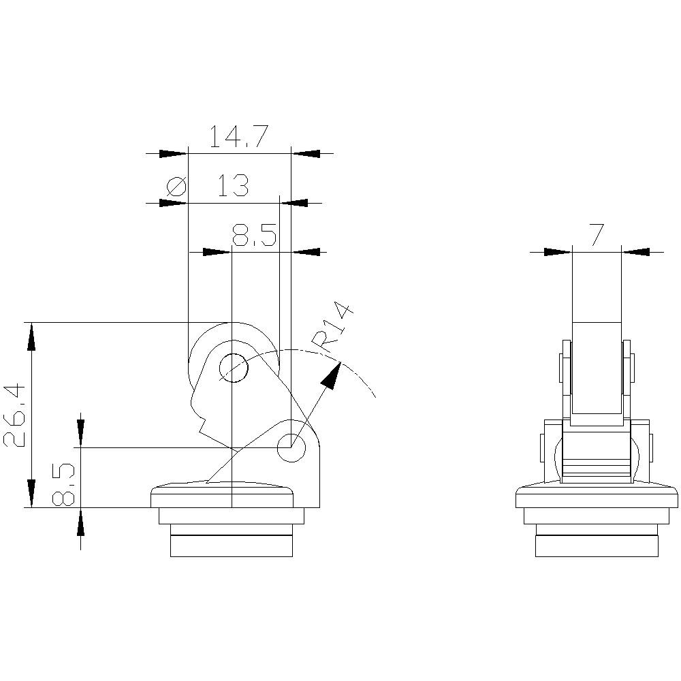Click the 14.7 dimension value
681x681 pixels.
pyautogui.click(x=236, y=136)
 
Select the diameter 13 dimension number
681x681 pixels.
pyautogui.click(x=233, y=185)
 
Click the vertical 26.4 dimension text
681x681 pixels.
pyautogui.click(x=16, y=415)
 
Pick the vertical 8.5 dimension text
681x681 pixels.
pyautogui.click(x=63, y=484)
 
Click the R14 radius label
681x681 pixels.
pyautogui.click(x=333, y=329)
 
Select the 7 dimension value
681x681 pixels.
pyautogui.click(x=597, y=235)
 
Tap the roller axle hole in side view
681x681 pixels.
pyautogui.click(x=233, y=368)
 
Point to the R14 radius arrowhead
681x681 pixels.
pyautogui.click(x=332, y=377)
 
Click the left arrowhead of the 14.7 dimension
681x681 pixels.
pyautogui.click(x=173, y=154)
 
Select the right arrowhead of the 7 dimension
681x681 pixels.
pyautogui.click(x=636, y=252)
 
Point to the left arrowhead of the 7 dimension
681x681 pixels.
pyautogui.click(x=558, y=252)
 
